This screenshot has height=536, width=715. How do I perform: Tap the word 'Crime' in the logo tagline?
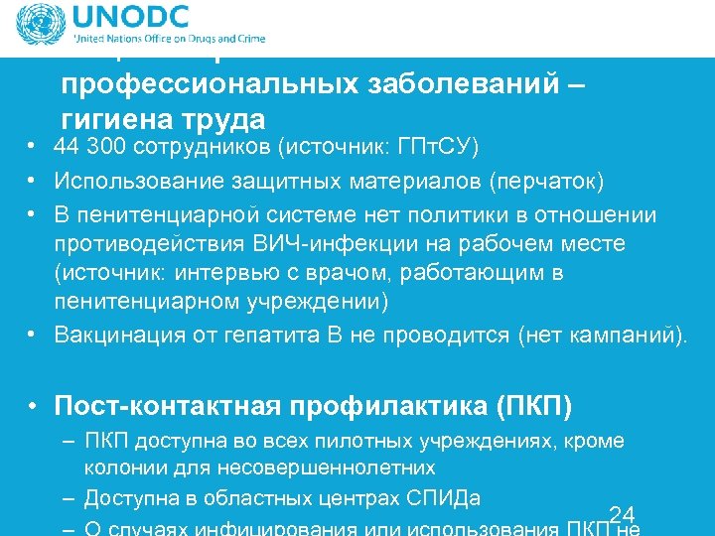pos(248,40)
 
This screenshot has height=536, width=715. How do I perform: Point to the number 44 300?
pos(88,148)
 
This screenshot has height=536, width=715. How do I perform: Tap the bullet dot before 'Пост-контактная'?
pos(34,406)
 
